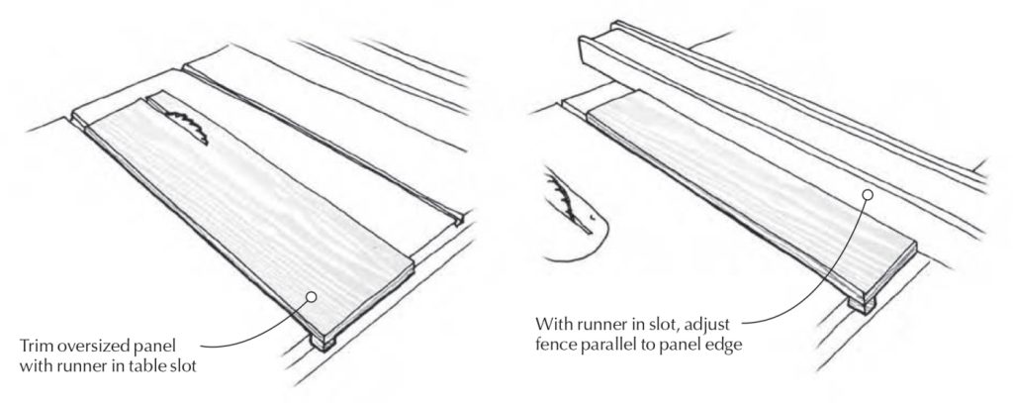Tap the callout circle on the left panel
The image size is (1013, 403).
click(311, 296)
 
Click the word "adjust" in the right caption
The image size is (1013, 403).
click(730, 324)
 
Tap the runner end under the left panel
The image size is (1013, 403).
click(325, 342)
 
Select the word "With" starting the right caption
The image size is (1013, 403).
click(555, 324)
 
